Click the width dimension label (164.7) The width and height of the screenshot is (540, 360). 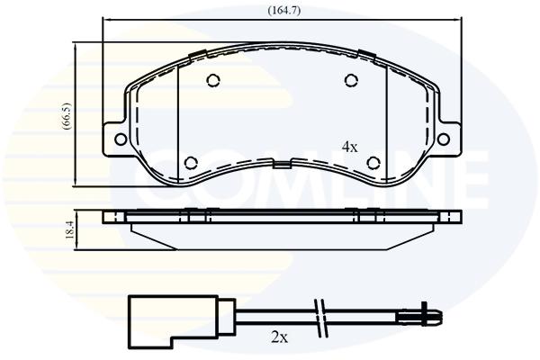pos(284,11)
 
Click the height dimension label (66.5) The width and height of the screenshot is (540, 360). pos(67,116)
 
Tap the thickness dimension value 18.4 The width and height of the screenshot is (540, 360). pos(69,230)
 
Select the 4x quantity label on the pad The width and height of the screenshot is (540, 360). pos(350,148)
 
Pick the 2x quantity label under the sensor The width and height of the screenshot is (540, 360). pos(279,338)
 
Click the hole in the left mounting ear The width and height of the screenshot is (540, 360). pos(121,139)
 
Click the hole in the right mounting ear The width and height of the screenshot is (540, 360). pos(443,139)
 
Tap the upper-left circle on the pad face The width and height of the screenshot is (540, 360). pos(213,80)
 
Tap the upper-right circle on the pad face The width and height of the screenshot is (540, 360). pos(351,80)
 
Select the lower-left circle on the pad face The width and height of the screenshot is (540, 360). pos(191,163)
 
